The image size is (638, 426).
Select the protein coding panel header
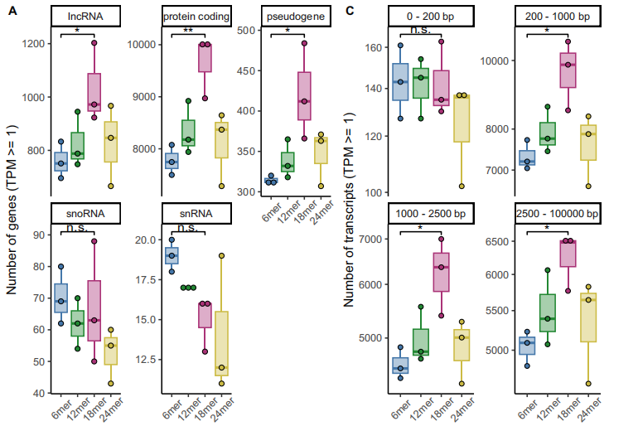(x=196, y=17)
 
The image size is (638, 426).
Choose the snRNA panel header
(x=196, y=213)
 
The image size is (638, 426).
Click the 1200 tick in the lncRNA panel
(x=33, y=43)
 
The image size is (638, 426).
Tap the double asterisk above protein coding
(x=188, y=31)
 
